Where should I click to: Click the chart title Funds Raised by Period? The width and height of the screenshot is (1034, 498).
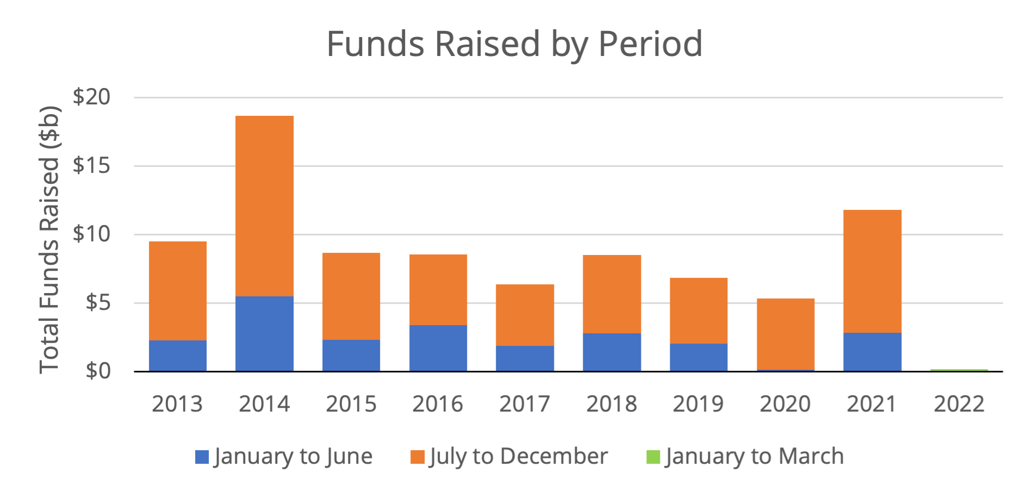point(514,43)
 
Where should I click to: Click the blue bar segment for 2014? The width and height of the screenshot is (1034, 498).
point(264,334)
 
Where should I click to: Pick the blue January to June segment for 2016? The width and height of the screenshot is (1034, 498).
point(438,348)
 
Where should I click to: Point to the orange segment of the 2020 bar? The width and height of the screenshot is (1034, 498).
point(786,334)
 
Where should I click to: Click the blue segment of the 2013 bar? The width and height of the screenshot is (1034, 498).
point(178,356)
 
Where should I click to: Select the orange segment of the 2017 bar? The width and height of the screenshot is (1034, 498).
point(525,315)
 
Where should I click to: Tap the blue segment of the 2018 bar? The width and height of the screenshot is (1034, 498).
point(612,352)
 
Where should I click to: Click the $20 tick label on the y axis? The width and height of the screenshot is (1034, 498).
point(91,97)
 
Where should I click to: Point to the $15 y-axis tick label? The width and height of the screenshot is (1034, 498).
point(91,165)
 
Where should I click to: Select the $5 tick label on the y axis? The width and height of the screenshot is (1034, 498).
point(97,302)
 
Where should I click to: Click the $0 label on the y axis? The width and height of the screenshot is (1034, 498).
point(97,371)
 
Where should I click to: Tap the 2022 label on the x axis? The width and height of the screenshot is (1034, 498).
point(959,404)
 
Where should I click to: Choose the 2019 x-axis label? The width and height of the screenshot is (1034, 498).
point(698,404)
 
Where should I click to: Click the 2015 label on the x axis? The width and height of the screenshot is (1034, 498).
point(351,404)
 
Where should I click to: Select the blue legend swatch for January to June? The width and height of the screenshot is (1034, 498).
point(202,457)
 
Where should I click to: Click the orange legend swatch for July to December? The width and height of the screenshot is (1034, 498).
point(417,457)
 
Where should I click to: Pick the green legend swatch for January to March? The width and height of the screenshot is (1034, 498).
point(653,457)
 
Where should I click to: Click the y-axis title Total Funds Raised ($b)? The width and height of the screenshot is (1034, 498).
point(49,239)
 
